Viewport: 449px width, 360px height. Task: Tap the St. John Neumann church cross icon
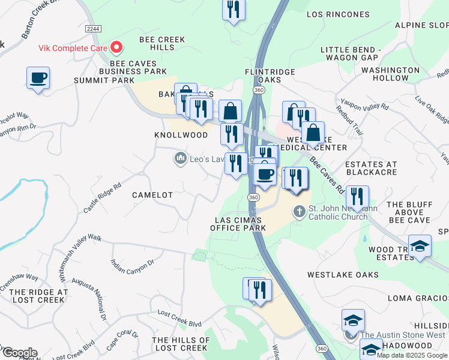[x=299, y=211]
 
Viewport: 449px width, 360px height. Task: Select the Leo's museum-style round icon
[x=179, y=158]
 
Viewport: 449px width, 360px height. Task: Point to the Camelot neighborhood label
[x=153, y=195]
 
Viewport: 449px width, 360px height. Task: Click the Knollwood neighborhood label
[x=181, y=135]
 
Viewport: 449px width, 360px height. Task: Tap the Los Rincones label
[x=338, y=14]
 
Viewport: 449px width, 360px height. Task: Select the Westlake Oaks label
[x=343, y=274]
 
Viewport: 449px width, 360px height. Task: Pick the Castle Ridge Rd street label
[x=98, y=197]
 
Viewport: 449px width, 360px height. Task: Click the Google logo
[x=19, y=353]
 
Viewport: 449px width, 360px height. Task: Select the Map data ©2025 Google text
[x=412, y=355]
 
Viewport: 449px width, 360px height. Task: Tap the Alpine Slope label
[x=421, y=25]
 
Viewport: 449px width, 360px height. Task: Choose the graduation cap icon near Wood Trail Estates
[x=420, y=245]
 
